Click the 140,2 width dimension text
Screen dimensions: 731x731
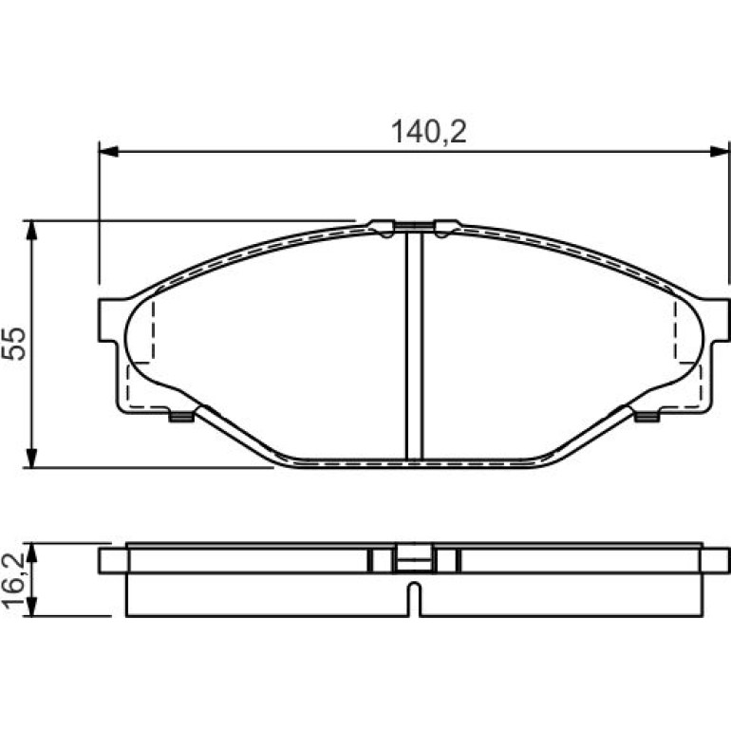(x=428, y=132)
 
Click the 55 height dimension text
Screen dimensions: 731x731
(x=13, y=343)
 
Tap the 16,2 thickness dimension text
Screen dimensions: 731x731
(x=13, y=579)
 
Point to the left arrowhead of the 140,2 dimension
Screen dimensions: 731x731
(x=108, y=151)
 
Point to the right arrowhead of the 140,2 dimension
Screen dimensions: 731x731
(x=719, y=151)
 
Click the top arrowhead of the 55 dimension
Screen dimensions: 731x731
(x=31, y=230)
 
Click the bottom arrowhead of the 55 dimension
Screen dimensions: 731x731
(x=31, y=458)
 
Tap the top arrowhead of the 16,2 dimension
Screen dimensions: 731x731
(x=31, y=553)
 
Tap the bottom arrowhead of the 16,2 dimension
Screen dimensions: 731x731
(x=31, y=607)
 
